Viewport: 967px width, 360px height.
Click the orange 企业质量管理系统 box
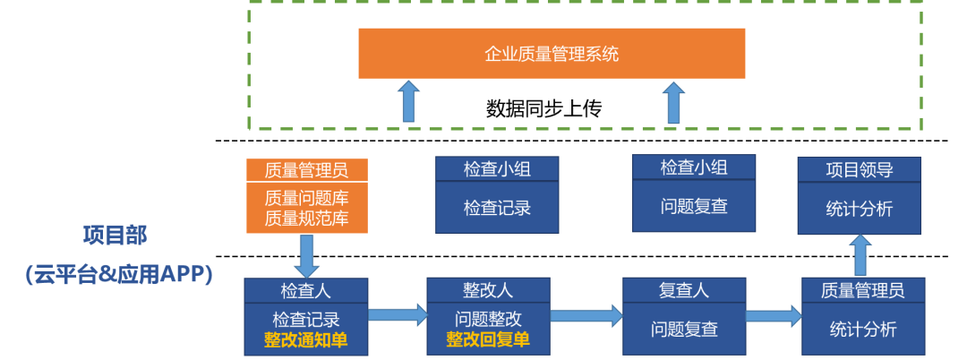pyautogui.click(x=552, y=54)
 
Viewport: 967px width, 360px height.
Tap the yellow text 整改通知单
pyautogui.click(x=305, y=339)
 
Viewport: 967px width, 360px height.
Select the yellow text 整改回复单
pyautogui.click(x=488, y=339)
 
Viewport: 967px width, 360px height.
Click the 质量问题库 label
pyautogui.click(x=307, y=198)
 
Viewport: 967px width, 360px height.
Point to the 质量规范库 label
pyautogui.click(x=307, y=219)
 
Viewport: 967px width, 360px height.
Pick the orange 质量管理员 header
pyautogui.click(x=307, y=170)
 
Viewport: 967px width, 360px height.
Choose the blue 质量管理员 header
pyautogui.click(x=862, y=290)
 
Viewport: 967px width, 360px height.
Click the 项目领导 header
pyautogui.click(x=859, y=169)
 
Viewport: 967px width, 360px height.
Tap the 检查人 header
pyautogui.click(x=305, y=290)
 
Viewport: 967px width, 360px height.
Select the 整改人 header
pyautogui.click(x=488, y=290)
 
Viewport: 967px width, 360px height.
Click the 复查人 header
pyautogui.click(x=684, y=290)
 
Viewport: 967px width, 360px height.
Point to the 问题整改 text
pyautogui.click(x=488, y=319)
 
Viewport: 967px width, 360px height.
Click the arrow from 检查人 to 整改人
pyautogui.click(x=398, y=314)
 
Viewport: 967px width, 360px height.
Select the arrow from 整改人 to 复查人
pyautogui.click(x=586, y=315)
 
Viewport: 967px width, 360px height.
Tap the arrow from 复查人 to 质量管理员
pyautogui.click(x=774, y=315)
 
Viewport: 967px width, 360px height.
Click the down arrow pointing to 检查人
pyautogui.click(x=307, y=256)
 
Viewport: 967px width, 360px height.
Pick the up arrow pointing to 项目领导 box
pyautogui.click(x=860, y=256)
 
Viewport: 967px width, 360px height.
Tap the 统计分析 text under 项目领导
pyautogui.click(x=859, y=209)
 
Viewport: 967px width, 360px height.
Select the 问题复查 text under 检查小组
pyautogui.click(x=694, y=206)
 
